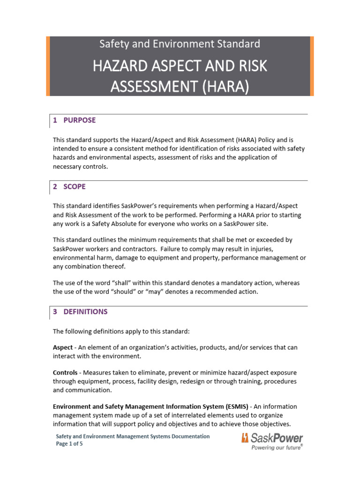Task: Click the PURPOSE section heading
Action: (x=79, y=120)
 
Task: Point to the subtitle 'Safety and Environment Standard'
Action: (x=180, y=44)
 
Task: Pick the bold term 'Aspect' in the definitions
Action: (x=63, y=347)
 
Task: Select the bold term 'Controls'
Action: (x=66, y=372)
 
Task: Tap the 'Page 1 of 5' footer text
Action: (x=70, y=444)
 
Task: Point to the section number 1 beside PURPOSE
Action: (x=55, y=120)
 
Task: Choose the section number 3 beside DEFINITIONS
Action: (x=55, y=311)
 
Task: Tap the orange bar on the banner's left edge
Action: (x=48, y=66)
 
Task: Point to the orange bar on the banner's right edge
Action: (x=312, y=66)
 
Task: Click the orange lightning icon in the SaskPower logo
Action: (x=245, y=438)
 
